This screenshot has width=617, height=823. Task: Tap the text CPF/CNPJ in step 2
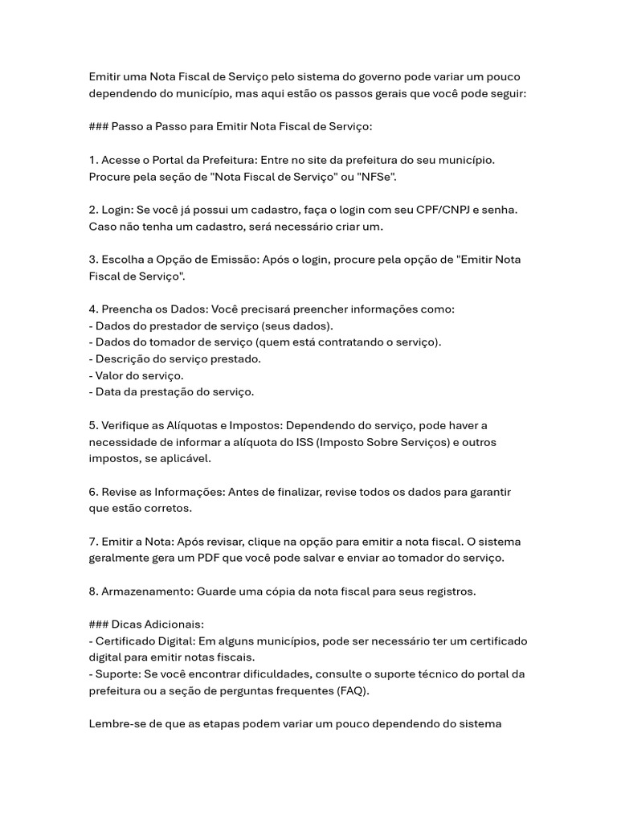[442, 210]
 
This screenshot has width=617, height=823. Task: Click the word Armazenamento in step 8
[145, 592]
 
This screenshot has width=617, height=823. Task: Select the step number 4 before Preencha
[93, 309]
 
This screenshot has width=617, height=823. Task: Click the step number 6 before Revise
[93, 492]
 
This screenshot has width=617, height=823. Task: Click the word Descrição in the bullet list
[124, 359]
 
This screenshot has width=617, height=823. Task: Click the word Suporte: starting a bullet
[119, 674]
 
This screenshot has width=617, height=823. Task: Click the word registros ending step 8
[448, 592]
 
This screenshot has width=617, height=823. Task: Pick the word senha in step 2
[500, 210]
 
